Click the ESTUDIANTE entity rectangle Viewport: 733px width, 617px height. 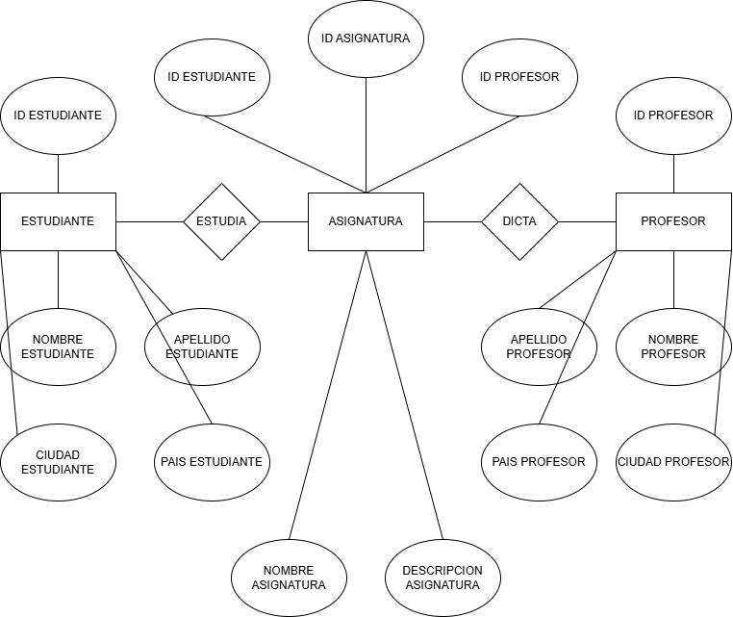(x=58, y=221)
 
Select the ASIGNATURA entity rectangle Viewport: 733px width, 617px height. (x=366, y=221)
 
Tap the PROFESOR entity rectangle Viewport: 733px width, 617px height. (x=673, y=221)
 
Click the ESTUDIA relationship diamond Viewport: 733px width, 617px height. (x=221, y=221)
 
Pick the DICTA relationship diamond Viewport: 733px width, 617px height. (x=519, y=221)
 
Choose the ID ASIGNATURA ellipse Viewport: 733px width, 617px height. (x=366, y=39)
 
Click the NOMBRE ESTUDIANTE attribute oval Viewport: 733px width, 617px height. (x=58, y=347)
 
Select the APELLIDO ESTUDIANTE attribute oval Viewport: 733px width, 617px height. (x=202, y=347)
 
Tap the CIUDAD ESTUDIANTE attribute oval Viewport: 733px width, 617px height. (x=58, y=462)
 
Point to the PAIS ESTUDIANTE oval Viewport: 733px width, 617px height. (x=212, y=462)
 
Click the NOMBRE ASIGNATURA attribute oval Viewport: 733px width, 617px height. (x=289, y=578)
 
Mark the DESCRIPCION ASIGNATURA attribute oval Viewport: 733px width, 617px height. (x=442, y=578)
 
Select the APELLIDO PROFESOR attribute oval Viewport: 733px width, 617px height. (x=539, y=347)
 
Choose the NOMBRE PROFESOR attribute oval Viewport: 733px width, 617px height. (x=673, y=347)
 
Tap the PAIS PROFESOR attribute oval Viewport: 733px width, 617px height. (x=539, y=462)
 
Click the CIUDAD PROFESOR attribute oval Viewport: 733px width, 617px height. (x=673, y=462)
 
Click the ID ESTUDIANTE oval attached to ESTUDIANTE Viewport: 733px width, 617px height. (x=58, y=116)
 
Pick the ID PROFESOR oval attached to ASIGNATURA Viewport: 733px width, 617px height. (x=519, y=77)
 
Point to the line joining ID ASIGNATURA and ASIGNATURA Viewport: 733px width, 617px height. (x=366, y=135)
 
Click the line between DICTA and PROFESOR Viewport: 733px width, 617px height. (x=587, y=221)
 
